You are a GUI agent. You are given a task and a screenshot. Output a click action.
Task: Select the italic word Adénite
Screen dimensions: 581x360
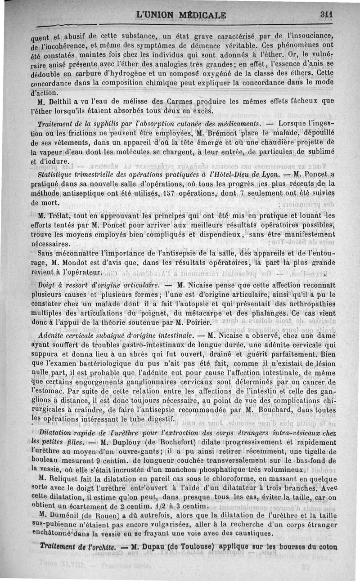click(x=52, y=335)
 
